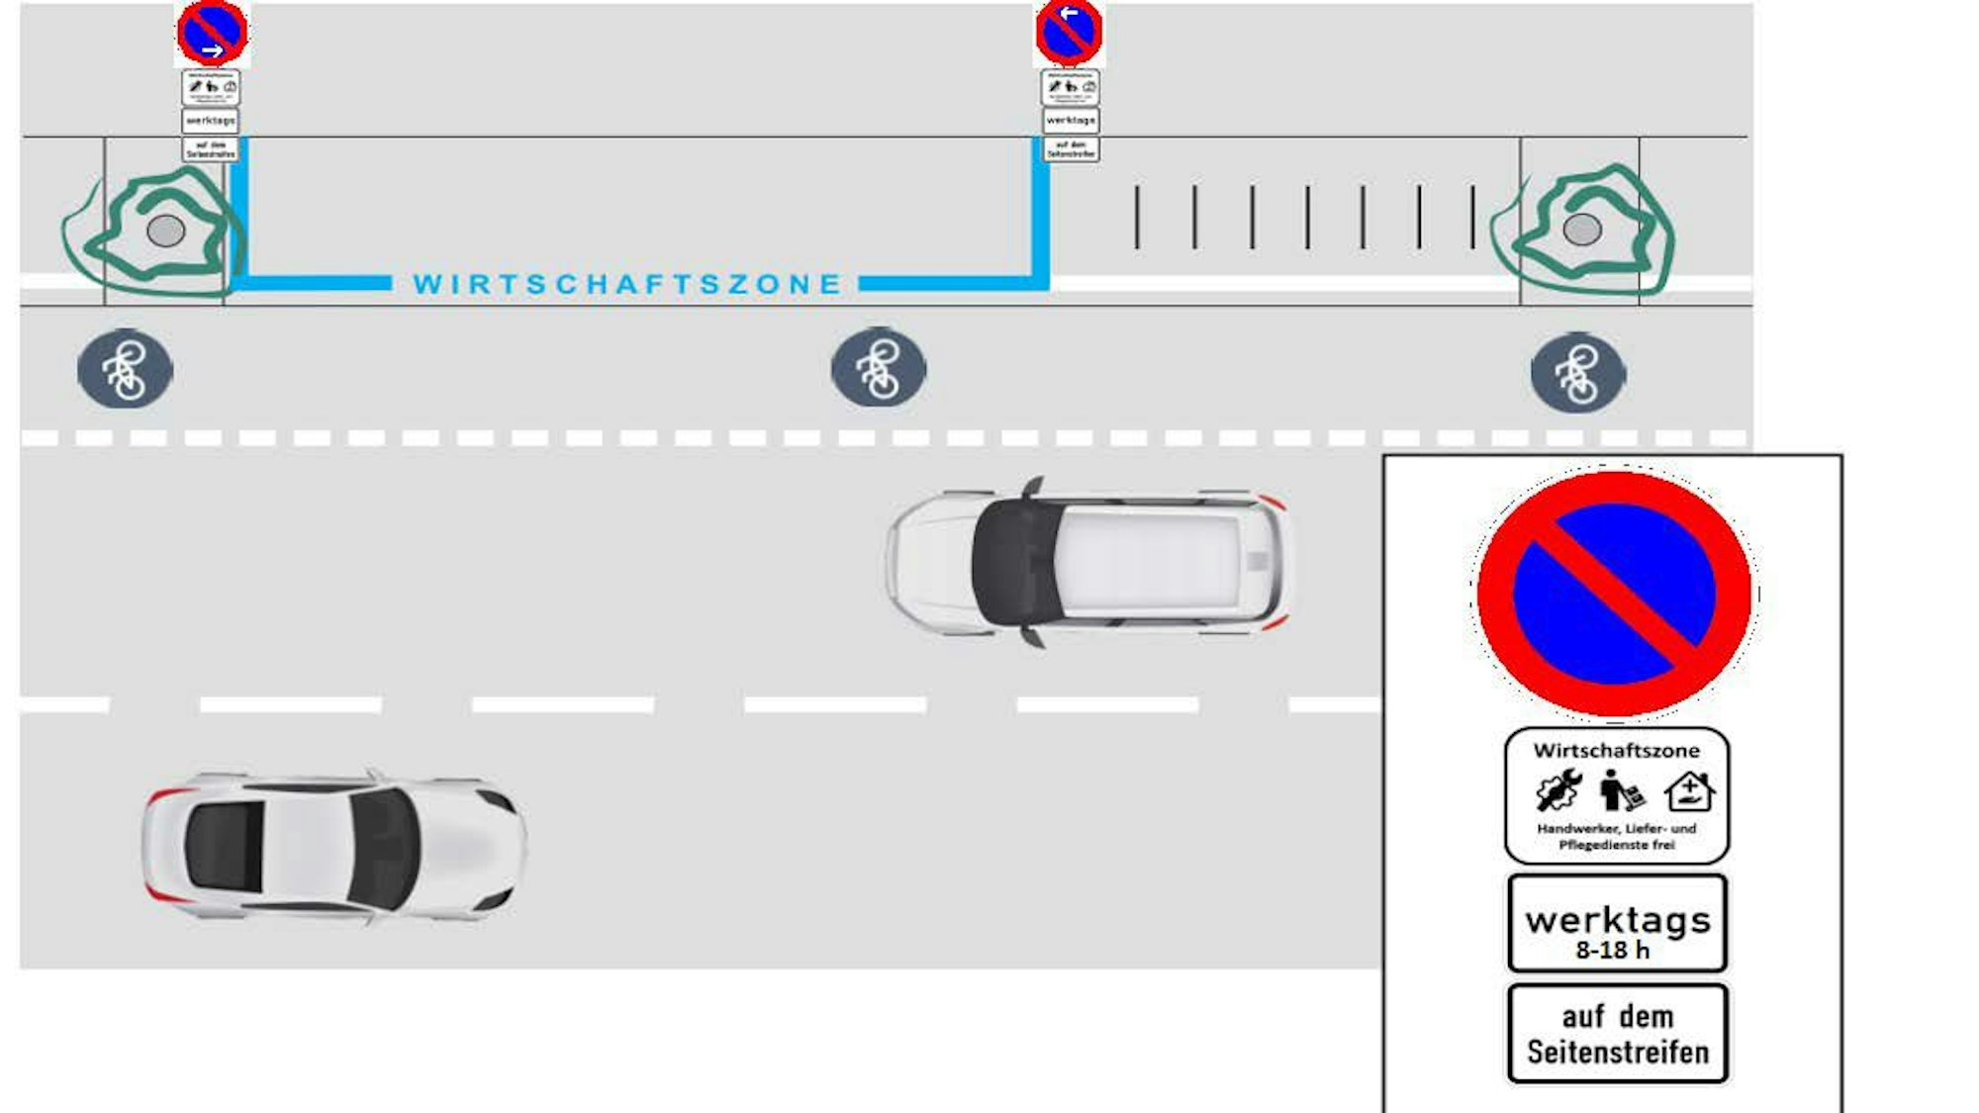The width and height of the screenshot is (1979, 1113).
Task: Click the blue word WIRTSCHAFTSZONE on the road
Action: click(626, 284)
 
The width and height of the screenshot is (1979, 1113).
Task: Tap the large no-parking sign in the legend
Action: click(1614, 593)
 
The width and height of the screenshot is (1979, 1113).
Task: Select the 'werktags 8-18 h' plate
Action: click(1617, 923)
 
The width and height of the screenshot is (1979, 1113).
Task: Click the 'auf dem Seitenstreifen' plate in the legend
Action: click(1617, 1034)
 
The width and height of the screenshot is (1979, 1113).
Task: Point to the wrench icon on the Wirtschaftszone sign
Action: click(1558, 791)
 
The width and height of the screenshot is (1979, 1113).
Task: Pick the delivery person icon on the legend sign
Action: click(1620, 790)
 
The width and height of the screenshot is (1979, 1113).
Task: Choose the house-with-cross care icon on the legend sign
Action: click(1688, 791)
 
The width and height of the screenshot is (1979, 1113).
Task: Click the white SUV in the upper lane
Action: click(1088, 561)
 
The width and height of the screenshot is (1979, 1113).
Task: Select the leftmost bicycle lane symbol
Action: click(125, 369)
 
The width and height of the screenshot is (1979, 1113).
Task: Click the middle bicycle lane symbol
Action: click(879, 368)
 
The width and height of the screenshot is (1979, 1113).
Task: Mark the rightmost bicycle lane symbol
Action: click(1577, 373)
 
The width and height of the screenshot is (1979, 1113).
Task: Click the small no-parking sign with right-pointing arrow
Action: click(212, 32)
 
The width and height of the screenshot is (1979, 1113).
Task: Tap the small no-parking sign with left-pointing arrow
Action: click(1069, 32)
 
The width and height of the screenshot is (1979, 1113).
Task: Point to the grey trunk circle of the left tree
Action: click(165, 231)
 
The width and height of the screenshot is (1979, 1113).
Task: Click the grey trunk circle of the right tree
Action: click(1581, 230)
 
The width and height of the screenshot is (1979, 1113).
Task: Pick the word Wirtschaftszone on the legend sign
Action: click(1616, 751)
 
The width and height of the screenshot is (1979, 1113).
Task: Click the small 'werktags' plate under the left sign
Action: click(211, 121)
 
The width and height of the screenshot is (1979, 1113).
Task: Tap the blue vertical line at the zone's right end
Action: click(1040, 213)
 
